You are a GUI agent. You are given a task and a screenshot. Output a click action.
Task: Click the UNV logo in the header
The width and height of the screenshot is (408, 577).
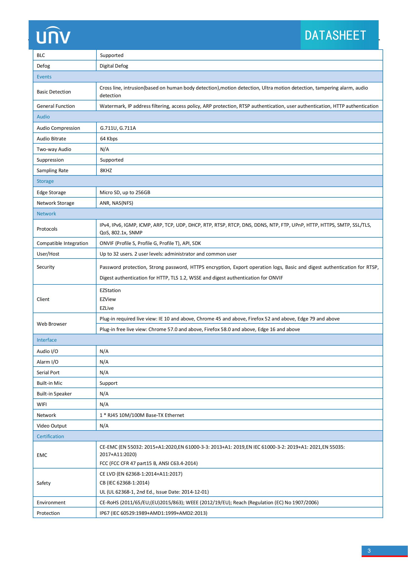tap(53, 36)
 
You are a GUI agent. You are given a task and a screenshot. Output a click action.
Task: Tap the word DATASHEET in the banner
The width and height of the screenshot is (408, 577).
tap(335, 36)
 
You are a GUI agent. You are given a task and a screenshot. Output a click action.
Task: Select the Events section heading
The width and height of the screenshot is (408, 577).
tap(44, 77)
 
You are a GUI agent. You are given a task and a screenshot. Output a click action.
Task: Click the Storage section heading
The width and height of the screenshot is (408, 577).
tap(45, 181)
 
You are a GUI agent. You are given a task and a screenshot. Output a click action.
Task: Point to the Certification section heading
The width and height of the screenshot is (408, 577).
tap(50, 436)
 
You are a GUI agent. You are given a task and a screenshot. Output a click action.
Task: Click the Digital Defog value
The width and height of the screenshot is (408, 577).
tap(114, 66)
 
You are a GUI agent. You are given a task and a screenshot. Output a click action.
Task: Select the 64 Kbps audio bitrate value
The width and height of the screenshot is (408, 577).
tap(109, 139)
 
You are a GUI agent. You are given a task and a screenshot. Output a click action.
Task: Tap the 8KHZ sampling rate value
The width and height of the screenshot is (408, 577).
tap(106, 171)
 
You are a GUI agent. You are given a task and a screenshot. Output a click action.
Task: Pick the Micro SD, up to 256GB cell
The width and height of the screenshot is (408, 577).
tap(125, 192)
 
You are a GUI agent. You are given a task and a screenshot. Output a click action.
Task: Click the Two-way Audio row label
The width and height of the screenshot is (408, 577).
tap(54, 149)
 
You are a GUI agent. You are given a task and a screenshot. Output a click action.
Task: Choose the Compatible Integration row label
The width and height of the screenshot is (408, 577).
tap(62, 243)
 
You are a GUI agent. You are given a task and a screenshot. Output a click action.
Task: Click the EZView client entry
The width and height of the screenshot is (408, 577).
tap(108, 299)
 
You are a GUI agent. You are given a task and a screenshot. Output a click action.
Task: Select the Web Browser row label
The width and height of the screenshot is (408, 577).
tap(52, 324)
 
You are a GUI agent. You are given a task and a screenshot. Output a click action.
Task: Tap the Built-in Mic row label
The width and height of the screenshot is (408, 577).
tap(49, 383)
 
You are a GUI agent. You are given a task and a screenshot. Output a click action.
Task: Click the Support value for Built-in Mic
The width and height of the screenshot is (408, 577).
tap(108, 383)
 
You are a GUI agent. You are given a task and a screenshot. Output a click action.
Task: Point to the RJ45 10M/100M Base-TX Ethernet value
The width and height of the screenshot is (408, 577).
tap(142, 415)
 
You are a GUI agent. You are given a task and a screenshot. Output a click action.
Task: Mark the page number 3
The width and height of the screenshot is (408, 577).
tap(369, 551)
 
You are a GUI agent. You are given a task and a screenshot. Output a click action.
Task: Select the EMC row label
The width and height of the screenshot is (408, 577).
tap(42, 455)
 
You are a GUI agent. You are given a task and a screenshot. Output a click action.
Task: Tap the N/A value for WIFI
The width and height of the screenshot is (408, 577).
tap(104, 404)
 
